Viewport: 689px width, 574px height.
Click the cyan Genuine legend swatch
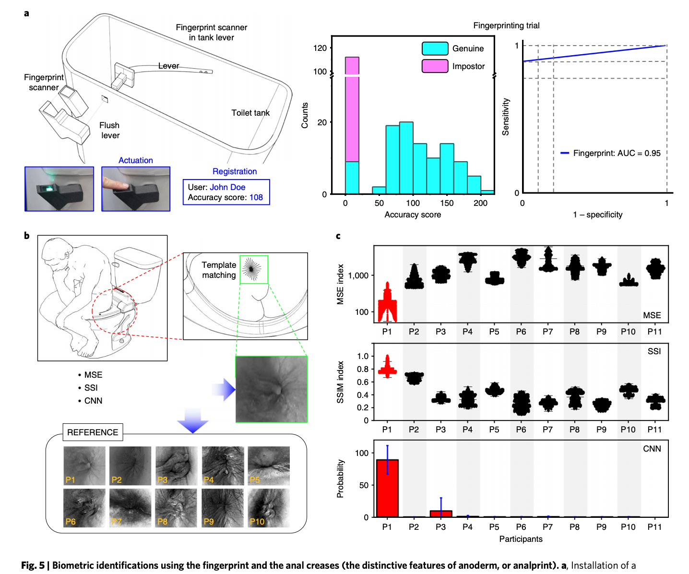click(x=435, y=48)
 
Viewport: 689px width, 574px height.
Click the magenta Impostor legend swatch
click(x=435, y=66)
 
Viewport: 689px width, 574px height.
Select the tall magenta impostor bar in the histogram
click(x=352, y=109)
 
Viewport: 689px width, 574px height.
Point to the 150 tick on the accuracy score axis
click(x=447, y=203)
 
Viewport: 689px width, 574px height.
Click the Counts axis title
click(x=304, y=115)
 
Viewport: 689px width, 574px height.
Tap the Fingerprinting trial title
click(x=506, y=25)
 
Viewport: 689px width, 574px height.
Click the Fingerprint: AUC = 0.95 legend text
click(x=617, y=153)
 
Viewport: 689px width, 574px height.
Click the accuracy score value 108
click(x=256, y=197)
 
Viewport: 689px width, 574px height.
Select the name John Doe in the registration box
click(x=228, y=187)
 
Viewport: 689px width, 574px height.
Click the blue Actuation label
click(x=136, y=160)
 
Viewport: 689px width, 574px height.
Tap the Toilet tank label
click(x=250, y=113)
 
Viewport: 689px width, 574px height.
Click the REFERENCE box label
click(x=93, y=432)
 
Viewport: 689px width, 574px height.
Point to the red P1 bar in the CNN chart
click(x=387, y=488)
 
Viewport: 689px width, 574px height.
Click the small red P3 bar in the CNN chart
click(x=441, y=514)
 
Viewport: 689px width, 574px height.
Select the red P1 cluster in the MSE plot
click(x=387, y=302)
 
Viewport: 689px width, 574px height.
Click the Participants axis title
click(x=521, y=538)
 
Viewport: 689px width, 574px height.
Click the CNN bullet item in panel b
click(x=93, y=400)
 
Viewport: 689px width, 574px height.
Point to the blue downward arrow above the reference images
click(x=193, y=420)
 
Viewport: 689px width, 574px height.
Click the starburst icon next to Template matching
click(x=252, y=269)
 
